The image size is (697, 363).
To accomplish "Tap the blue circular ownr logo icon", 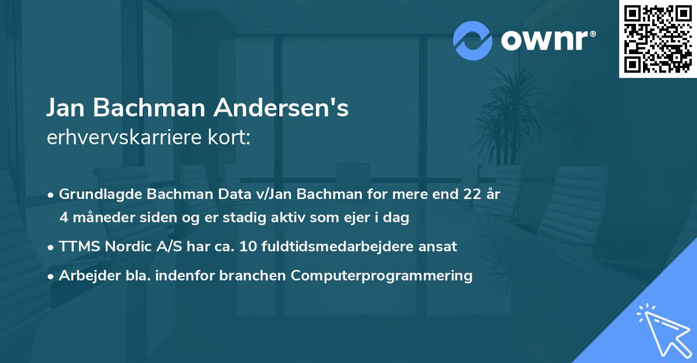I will (473, 40).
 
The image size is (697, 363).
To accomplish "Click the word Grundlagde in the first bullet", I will (97, 194).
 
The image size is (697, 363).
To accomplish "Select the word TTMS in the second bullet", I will (79, 247).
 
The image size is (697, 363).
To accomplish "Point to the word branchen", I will (253, 276).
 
